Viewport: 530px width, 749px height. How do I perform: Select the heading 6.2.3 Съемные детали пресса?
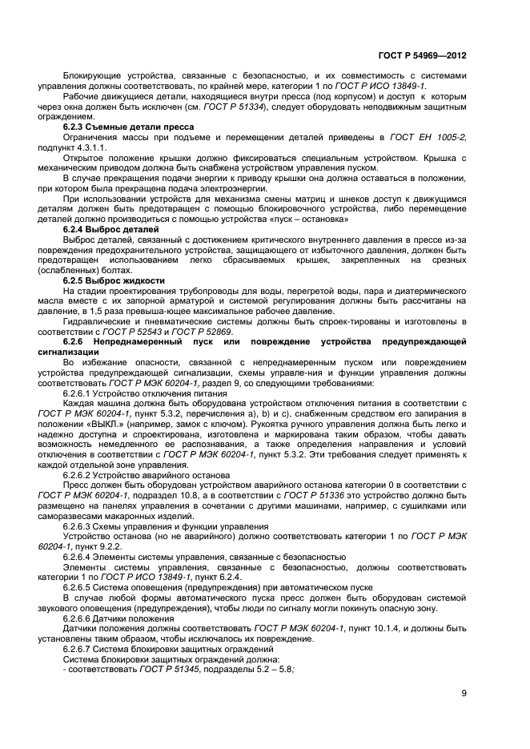click(x=120, y=127)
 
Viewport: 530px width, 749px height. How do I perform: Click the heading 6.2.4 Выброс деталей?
click(x=109, y=229)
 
